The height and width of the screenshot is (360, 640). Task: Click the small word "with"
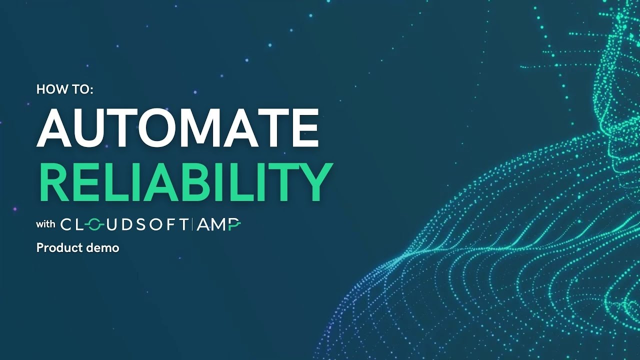coord(45,224)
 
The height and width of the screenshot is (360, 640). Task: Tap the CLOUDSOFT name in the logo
coord(125,225)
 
